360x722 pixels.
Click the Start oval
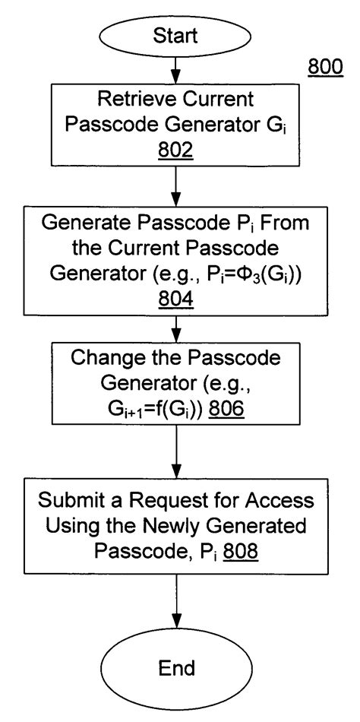[x=176, y=36]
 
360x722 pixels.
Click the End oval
[x=176, y=668]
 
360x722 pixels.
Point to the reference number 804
[x=176, y=299]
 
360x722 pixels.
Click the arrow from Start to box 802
[x=176, y=70]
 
